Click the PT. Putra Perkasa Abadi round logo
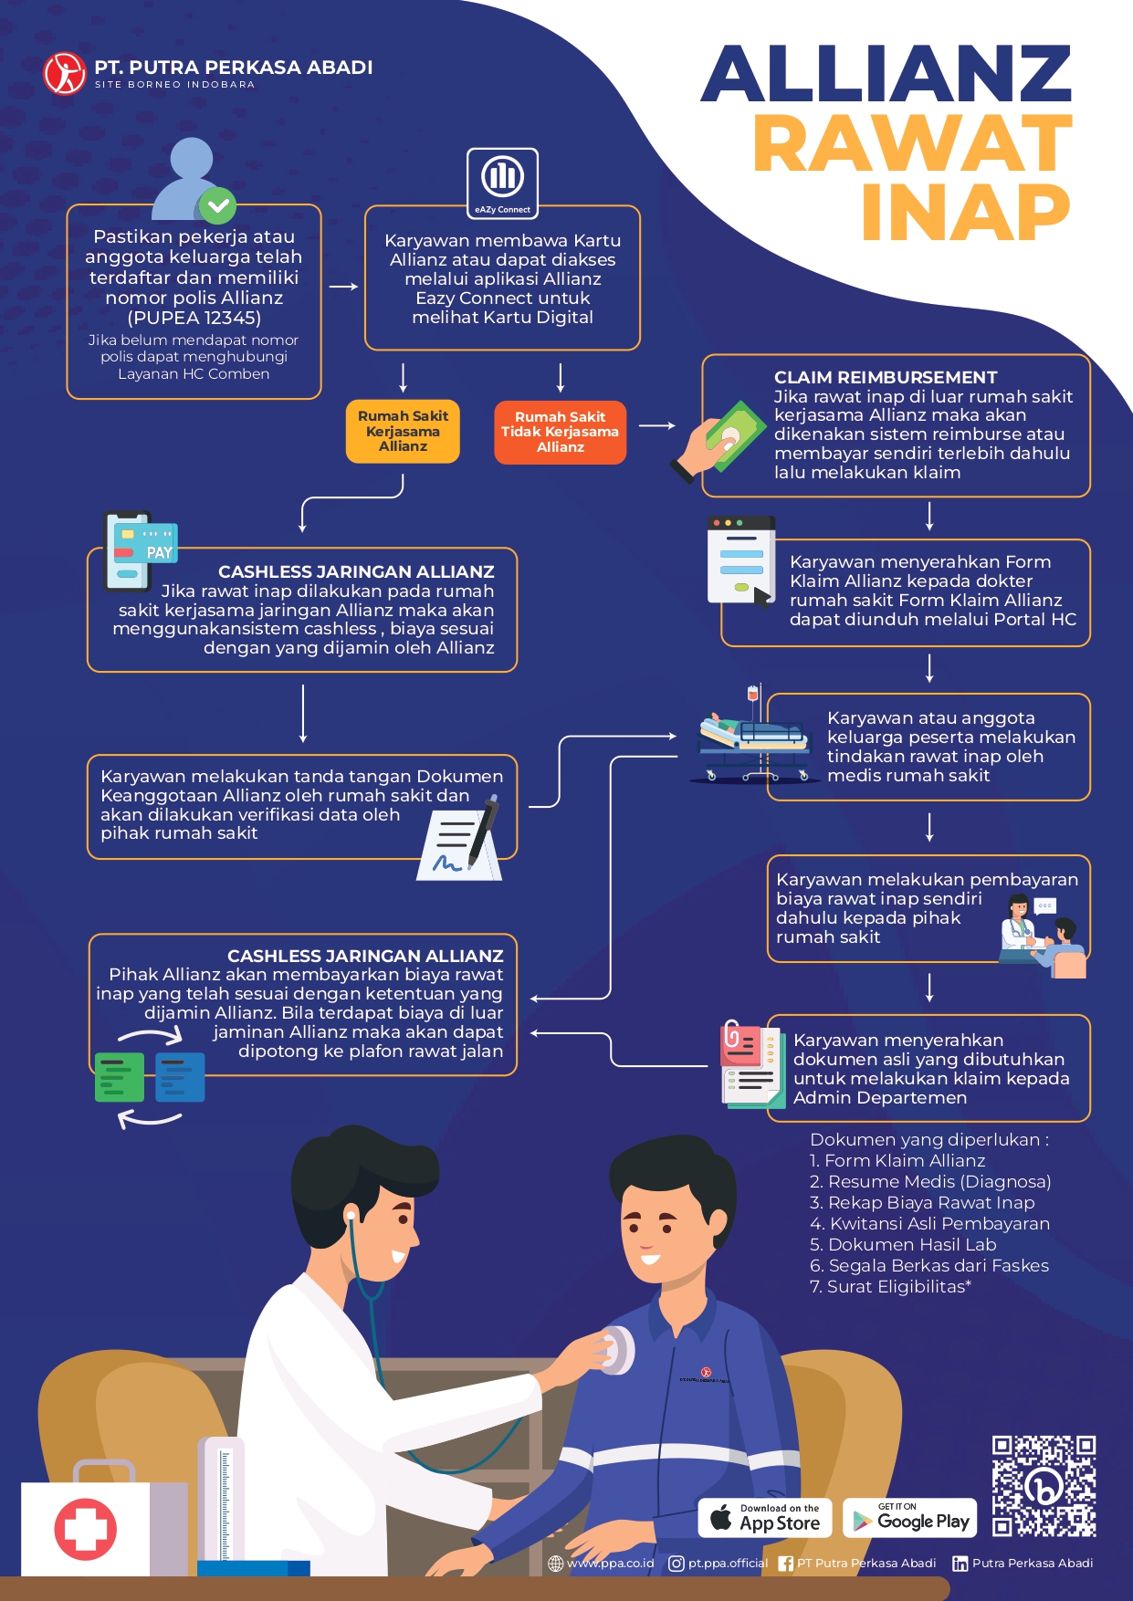click(x=65, y=74)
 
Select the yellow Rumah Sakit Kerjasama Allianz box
click(x=403, y=431)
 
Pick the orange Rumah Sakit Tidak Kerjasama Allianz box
click(x=560, y=432)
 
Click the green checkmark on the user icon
click(x=217, y=206)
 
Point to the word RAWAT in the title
click(x=912, y=143)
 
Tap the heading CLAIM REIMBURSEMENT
click(x=886, y=377)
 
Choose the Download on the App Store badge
click(x=765, y=1518)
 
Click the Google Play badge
click(x=909, y=1518)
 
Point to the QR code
click(x=1044, y=1486)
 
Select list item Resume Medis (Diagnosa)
click(x=930, y=1182)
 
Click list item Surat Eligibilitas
click(x=890, y=1287)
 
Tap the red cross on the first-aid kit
click(x=86, y=1529)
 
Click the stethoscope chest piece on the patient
click(x=616, y=1349)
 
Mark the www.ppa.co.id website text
click(x=610, y=1563)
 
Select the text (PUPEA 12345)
click(x=194, y=319)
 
